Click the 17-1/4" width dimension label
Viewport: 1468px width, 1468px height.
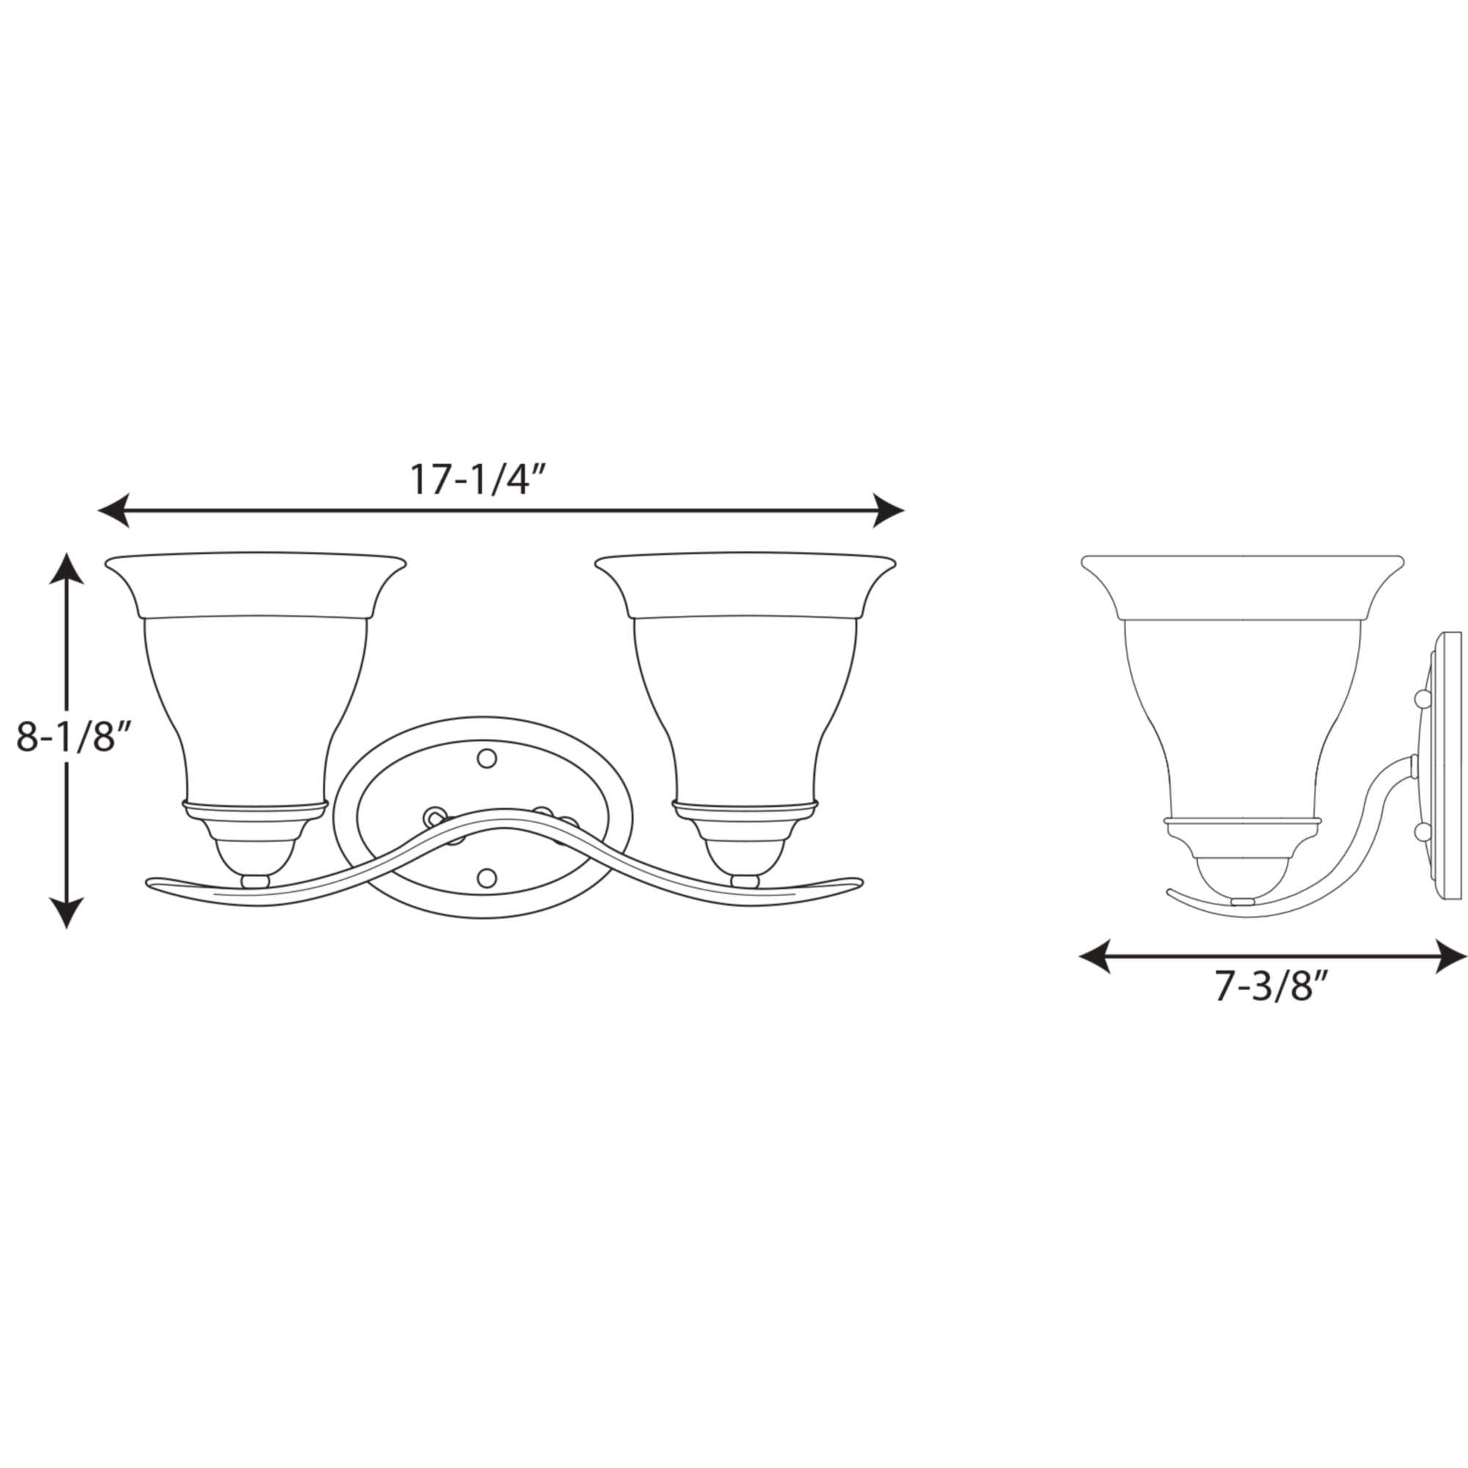479,479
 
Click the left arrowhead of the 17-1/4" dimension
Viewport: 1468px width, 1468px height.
113,510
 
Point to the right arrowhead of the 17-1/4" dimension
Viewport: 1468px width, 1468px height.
889,510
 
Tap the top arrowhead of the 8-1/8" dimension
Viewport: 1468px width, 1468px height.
67,567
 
